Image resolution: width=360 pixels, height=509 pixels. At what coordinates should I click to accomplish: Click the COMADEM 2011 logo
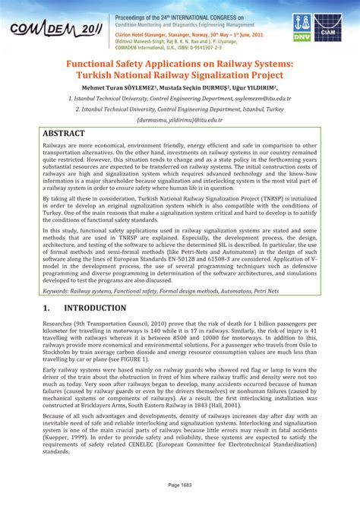53,28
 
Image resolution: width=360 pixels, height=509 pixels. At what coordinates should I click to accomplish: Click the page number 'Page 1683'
180,485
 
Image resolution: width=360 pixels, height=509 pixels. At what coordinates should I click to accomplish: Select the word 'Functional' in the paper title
96,64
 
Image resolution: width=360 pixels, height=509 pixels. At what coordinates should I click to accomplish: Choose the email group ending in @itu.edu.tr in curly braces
180,120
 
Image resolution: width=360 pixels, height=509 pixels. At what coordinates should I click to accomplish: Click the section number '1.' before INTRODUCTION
48,308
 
